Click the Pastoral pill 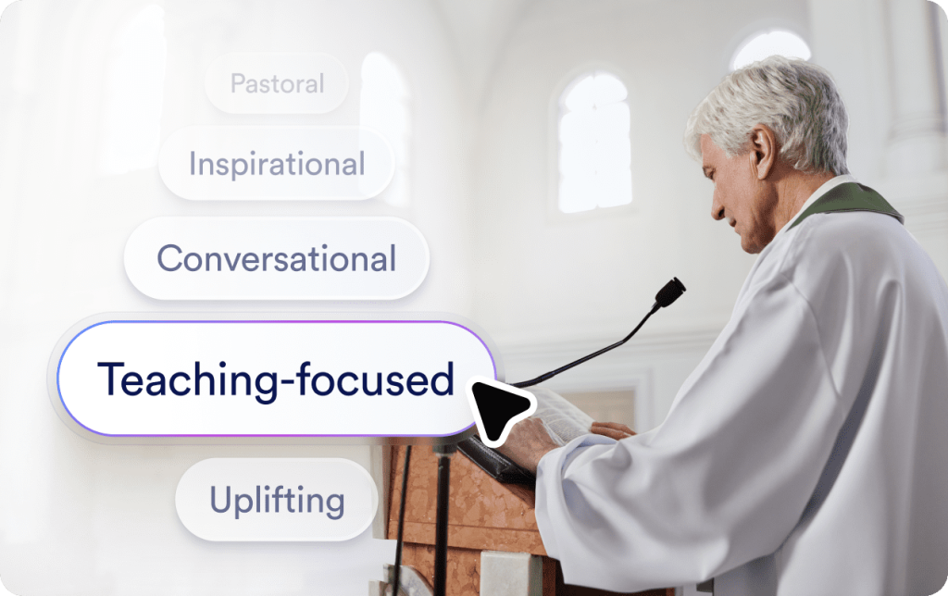tap(277, 84)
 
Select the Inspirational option tap(277, 165)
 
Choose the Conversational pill tap(276, 258)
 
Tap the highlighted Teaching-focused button tap(276, 379)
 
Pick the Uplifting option tap(277, 500)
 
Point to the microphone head tap(668, 292)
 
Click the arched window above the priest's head tap(769, 46)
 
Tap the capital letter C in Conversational tap(169, 258)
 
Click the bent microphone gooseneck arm tap(592, 352)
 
